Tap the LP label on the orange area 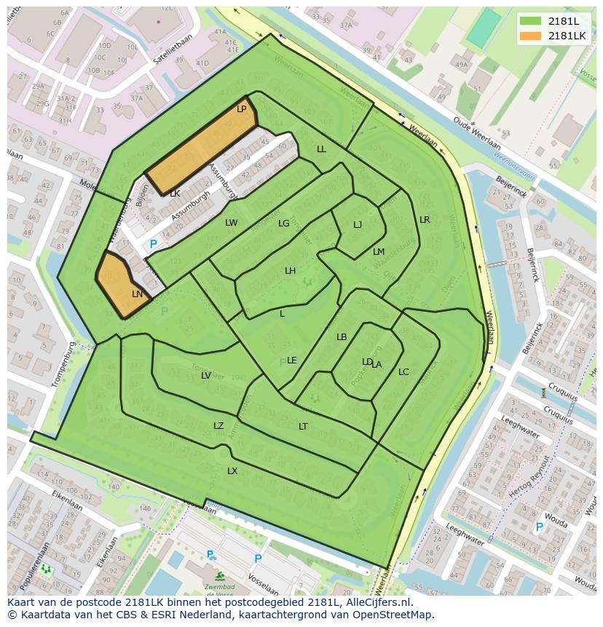242,109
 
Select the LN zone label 138,294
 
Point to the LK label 175,194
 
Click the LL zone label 321,149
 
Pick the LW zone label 231,223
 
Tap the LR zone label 425,220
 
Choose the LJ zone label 358,225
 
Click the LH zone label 290,271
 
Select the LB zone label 342,337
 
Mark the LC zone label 403,372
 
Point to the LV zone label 206,376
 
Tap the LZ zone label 218,426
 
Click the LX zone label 232,471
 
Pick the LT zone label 303,427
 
